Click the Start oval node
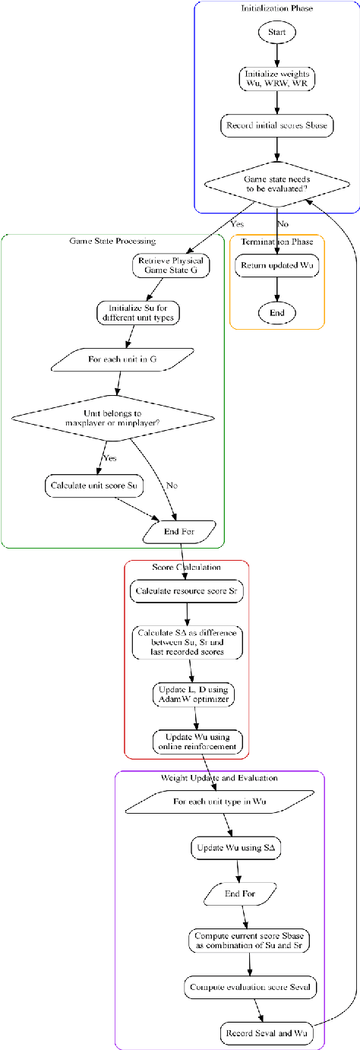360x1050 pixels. pos(276,33)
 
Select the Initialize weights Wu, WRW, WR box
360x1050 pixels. pos(276,78)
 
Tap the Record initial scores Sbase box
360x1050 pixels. pos(276,125)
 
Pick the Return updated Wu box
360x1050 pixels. pos(276,266)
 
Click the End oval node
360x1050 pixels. pos(276,312)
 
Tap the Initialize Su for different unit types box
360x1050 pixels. pos(138,312)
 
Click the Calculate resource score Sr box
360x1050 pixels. pos(186,590)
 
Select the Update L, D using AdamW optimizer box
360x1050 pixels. pos(193,694)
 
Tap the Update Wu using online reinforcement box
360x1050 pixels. pos(198,741)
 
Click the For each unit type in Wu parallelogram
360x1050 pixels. pos(219,802)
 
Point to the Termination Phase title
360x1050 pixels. pos(276,241)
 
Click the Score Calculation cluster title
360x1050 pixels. pos(186,567)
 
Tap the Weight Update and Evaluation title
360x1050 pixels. pos(219,778)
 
